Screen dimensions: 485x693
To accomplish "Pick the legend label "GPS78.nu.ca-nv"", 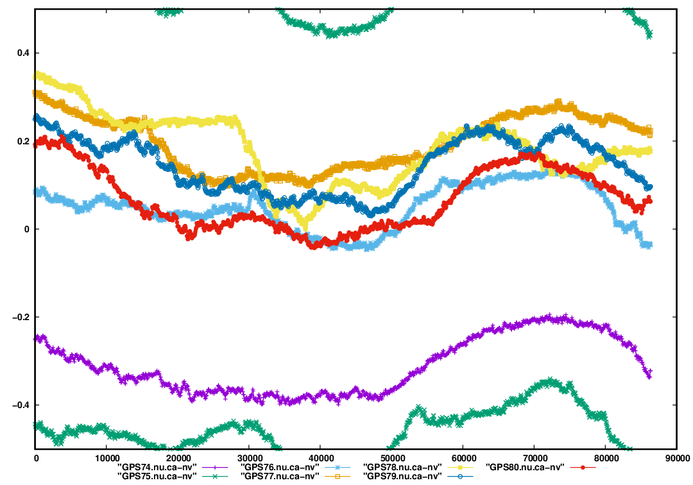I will click(x=402, y=466).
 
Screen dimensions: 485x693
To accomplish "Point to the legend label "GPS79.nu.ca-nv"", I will click(x=402, y=476).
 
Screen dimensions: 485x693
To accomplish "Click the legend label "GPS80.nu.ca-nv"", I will click(x=524, y=466).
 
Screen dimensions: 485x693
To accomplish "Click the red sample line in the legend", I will click(x=583, y=466).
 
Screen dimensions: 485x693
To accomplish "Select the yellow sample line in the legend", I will click(x=460, y=466).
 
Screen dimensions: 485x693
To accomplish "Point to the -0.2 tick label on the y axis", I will click(x=20, y=318).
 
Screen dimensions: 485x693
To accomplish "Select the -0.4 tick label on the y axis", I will click(x=20, y=405).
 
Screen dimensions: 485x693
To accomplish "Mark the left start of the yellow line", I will click(x=36, y=74).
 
